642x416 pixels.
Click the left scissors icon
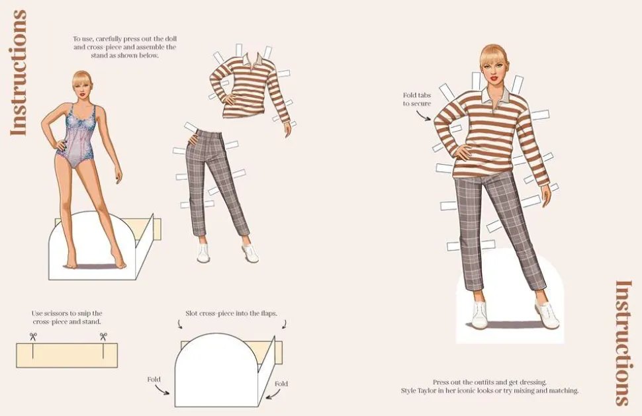[x=33, y=337]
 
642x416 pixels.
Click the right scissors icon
[x=103, y=337]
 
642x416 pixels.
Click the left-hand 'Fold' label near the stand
[x=154, y=380]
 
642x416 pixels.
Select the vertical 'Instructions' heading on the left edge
[x=19, y=73]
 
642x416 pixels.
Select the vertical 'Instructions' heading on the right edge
[x=623, y=343]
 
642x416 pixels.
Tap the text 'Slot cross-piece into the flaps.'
[x=232, y=313]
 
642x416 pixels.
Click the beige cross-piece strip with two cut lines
[x=67, y=355]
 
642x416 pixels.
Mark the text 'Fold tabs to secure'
[x=417, y=99]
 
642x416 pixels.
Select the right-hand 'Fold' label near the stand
[x=281, y=384]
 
